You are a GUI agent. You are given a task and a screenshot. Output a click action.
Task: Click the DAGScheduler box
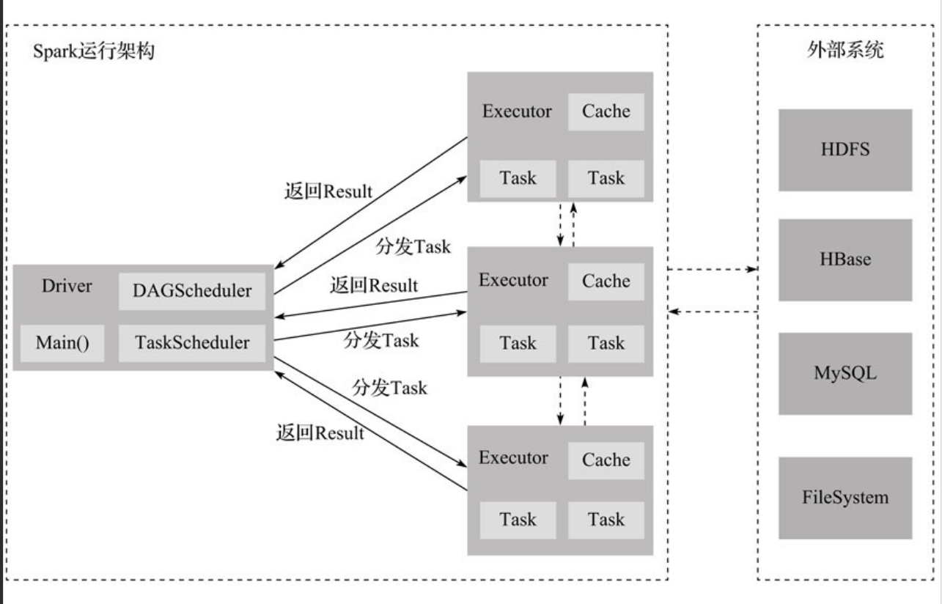pos(192,292)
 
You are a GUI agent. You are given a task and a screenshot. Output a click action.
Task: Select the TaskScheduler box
pos(192,343)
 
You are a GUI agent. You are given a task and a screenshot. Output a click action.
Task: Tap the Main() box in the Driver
pos(62,343)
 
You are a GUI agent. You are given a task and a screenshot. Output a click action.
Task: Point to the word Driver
pos(67,286)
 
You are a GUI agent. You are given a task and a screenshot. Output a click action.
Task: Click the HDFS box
pos(845,150)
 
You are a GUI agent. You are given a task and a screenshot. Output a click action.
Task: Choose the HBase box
pos(845,260)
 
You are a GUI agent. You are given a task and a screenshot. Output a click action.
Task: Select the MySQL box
pos(845,374)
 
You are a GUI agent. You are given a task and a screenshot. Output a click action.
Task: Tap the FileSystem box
pos(845,498)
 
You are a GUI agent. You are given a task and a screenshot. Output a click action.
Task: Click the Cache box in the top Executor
pos(606,112)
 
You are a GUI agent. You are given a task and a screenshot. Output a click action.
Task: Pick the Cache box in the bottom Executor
pos(606,460)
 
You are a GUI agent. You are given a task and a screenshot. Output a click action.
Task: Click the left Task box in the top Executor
pos(518,179)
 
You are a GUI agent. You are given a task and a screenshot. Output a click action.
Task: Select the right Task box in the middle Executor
pos(606,344)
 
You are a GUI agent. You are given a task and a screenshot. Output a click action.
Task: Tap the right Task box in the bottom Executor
pos(606,520)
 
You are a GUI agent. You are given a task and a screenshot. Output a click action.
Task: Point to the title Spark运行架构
pos(94,51)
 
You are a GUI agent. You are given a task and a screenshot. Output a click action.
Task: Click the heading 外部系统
pos(845,50)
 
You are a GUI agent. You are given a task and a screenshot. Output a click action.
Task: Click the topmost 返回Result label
pos(328,191)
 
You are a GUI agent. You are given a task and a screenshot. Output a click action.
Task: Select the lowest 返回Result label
pos(320,432)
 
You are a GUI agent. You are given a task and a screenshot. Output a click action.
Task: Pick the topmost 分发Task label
pos(413,246)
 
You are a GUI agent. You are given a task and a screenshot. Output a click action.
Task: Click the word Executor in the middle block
pos(513,280)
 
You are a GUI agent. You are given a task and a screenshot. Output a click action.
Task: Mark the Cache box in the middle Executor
pos(606,281)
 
